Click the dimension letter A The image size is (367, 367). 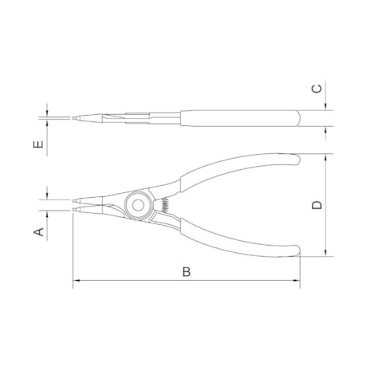pos(37,232)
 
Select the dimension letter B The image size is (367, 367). pos(187,271)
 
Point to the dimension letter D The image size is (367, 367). pos(317,205)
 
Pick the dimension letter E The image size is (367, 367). pos(37,145)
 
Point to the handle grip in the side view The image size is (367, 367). pos(239,118)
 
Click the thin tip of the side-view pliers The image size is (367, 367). pos(76,120)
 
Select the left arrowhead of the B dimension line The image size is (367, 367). pos(76,281)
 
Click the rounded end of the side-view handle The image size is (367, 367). pos(296,118)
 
